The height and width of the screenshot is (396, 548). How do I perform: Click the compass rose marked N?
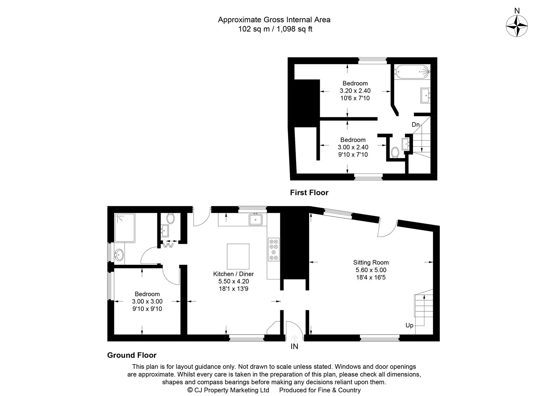tap(517, 26)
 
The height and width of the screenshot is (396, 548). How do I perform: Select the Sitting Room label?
tap(371, 263)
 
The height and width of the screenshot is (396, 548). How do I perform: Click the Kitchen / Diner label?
tap(233, 274)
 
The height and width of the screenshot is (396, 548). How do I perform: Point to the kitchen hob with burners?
tap(274, 249)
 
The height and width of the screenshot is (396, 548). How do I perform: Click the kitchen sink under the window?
tap(256, 219)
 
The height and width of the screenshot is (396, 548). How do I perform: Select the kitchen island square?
tap(238, 256)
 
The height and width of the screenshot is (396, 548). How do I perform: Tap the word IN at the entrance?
tap(294, 346)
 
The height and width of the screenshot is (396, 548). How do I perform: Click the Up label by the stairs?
tap(409, 325)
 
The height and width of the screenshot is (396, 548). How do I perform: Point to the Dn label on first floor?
tap(415, 125)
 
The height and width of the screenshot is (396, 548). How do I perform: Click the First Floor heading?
tap(309, 192)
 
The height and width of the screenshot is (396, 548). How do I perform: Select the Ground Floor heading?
tap(132, 355)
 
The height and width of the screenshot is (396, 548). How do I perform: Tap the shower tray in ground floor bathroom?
tap(125, 228)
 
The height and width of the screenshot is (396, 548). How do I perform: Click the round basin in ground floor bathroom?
tap(119, 255)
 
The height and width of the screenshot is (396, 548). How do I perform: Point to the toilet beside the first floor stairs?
tap(395, 152)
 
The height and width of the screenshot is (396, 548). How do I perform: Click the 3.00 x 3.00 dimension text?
tap(147, 301)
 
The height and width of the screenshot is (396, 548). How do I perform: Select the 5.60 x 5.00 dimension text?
tap(371, 270)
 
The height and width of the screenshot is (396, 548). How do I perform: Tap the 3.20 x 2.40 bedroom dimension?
tap(355, 91)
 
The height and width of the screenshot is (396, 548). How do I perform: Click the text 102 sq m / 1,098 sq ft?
tap(275, 29)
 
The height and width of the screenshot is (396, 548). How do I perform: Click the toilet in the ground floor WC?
tap(171, 219)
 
